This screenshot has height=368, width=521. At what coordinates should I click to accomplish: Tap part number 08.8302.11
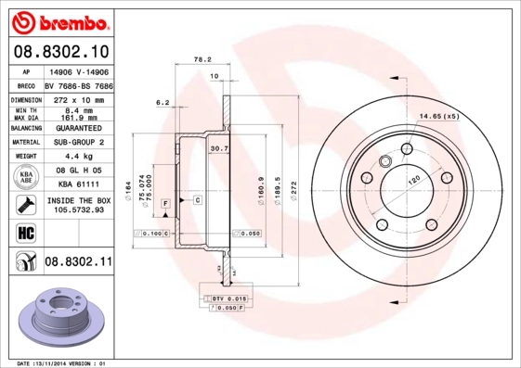(78, 262)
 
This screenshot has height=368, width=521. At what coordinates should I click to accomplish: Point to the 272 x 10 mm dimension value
(77, 98)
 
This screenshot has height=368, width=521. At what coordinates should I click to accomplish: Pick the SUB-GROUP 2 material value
(77, 142)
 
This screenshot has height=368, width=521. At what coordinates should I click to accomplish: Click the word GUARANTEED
(77, 127)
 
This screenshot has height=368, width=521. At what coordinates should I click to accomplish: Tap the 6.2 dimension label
(161, 102)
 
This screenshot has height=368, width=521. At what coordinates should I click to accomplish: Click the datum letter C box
(198, 199)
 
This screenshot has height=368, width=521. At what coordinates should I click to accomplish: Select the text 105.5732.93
(77, 209)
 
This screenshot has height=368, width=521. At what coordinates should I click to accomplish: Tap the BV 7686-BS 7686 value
(77, 83)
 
